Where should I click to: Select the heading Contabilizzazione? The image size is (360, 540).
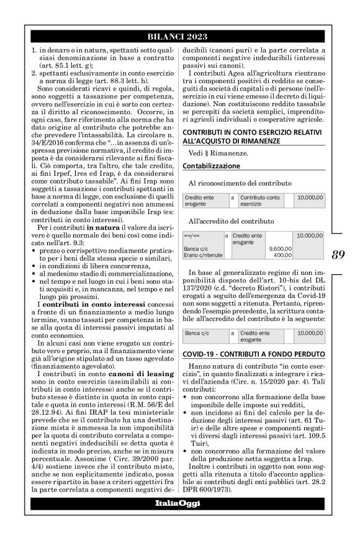tap(211, 166)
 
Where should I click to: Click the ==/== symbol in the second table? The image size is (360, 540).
tap(192, 236)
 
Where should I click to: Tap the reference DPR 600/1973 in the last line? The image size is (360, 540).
tap(210, 489)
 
